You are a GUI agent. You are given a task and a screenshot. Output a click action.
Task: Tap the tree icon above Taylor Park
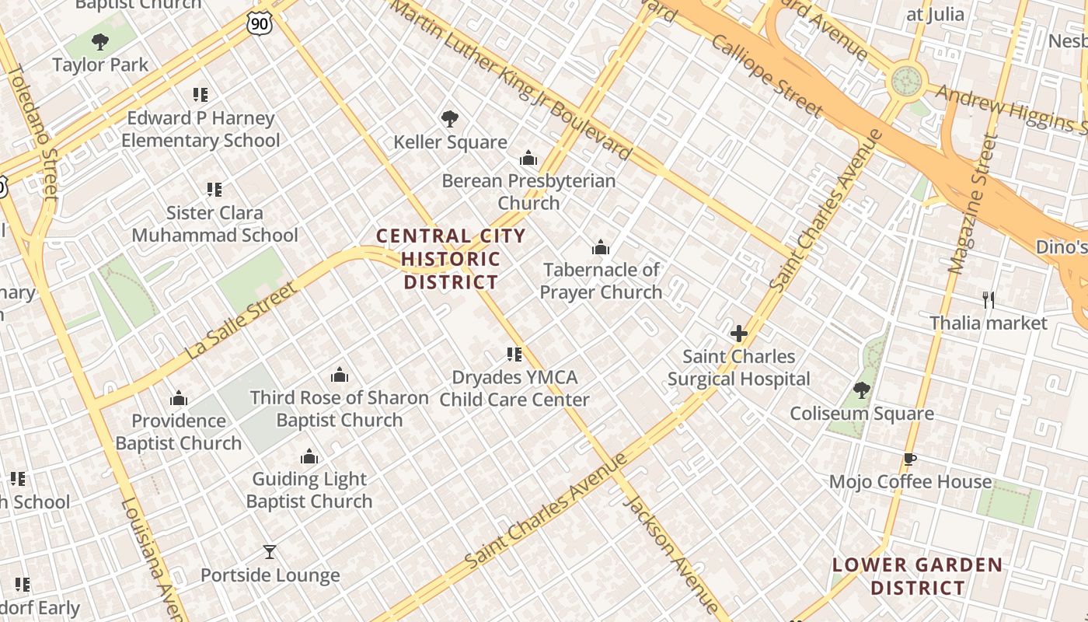click(99, 41)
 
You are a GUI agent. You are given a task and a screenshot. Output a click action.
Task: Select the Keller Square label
click(450, 142)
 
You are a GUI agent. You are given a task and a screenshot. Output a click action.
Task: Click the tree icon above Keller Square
click(449, 119)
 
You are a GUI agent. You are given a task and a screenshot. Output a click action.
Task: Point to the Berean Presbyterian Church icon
click(528, 159)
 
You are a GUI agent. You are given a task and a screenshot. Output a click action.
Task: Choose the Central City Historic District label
click(451, 259)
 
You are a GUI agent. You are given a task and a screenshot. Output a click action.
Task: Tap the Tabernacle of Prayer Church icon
click(601, 248)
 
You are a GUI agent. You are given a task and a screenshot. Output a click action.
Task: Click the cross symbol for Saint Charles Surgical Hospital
click(738, 334)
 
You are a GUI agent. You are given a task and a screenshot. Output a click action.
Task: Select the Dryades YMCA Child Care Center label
click(514, 389)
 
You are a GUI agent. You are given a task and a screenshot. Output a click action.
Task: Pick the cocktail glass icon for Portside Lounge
click(270, 552)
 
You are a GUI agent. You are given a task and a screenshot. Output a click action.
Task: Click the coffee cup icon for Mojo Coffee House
click(910, 459)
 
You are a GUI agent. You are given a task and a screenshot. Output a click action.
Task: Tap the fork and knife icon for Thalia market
click(989, 300)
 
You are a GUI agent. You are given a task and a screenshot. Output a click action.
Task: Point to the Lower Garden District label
click(917, 576)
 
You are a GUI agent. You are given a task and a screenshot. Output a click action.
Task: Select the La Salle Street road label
click(241, 321)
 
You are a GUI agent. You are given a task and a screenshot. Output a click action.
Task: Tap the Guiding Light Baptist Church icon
click(309, 456)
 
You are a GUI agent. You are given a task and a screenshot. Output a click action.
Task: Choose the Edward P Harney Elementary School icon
click(201, 95)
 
